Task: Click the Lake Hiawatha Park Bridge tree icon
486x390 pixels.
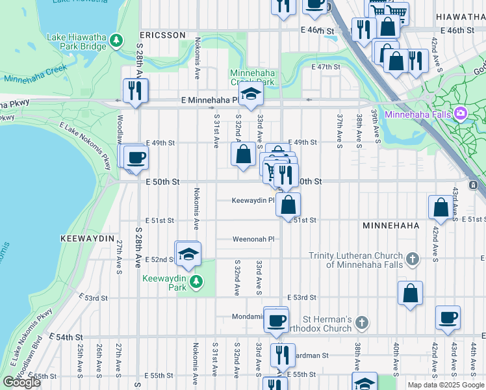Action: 117,41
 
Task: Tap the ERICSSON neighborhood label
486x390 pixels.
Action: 162,34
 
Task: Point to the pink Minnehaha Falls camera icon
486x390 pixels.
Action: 461,114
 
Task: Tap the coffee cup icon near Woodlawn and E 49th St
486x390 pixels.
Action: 136,157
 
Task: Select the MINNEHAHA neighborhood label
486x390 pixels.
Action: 390,224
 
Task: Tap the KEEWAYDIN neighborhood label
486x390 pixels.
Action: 88,239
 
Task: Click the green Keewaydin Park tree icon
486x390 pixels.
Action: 194,282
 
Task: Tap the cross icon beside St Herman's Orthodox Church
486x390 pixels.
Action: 363,323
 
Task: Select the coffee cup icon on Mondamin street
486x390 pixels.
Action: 277,320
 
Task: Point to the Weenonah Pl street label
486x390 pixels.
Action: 254,239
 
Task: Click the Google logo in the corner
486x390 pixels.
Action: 22,382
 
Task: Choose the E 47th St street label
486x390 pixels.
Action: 326,67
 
